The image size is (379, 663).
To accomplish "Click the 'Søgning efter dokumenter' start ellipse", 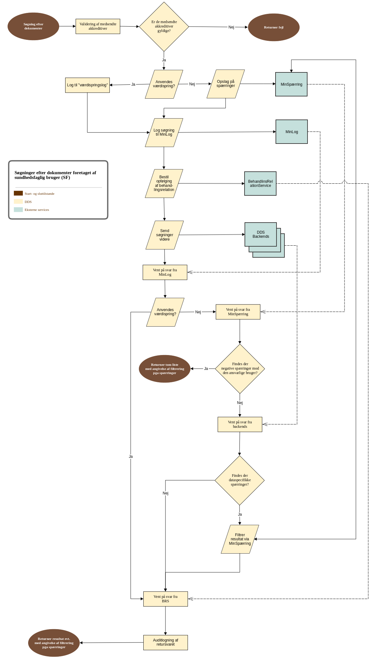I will [33, 26].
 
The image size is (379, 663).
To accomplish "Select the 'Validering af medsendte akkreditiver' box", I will [98, 26].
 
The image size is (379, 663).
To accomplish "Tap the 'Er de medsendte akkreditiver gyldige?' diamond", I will [164, 27].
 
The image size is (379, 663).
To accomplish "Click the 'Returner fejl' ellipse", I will [274, 27].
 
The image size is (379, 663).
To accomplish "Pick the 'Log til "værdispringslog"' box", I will [87, 85].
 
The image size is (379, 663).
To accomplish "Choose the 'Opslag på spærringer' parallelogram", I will [226, 84].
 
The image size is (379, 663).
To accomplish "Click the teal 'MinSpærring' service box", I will [291, 84].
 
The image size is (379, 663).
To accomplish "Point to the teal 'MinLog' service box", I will [292, 132].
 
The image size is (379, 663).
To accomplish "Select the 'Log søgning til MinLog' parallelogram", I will [164, 132].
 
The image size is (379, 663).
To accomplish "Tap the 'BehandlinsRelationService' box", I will [260, 183].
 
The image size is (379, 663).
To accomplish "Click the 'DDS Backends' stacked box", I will [261, 235].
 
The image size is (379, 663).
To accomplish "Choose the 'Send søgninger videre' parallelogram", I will [165, 235].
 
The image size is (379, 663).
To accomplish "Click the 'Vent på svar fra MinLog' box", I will [165, 272].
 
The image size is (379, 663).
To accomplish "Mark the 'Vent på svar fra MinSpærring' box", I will [238, 312].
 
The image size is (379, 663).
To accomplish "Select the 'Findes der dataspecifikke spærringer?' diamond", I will [239, 480].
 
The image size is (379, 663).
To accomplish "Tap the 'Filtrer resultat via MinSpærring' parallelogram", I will [240, 539].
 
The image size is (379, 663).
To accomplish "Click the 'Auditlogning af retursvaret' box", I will [165, 642].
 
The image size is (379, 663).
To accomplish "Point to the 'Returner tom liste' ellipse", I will [165, 369].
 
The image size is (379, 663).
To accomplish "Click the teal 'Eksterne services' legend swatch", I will [18, 210].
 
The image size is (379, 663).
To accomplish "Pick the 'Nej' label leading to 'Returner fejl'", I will [231, 27].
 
